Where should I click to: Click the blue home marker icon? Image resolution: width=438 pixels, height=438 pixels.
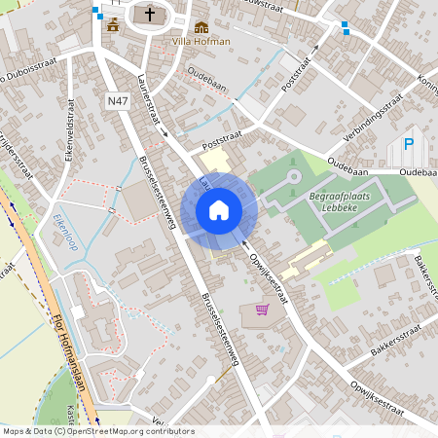coord(219,210)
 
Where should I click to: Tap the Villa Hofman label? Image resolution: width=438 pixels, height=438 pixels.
coord(201,42)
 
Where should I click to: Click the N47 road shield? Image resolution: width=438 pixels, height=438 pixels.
coord(118,100)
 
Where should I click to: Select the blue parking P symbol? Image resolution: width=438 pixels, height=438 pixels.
coord(409,144)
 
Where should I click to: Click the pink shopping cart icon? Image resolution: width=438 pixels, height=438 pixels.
coord(261,310)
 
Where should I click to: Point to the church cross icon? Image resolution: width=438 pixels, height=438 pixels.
coord(149,14)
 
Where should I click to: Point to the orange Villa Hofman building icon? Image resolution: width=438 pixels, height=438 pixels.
coord(201,26)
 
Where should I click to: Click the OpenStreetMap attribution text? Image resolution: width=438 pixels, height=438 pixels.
coord(97,430)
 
